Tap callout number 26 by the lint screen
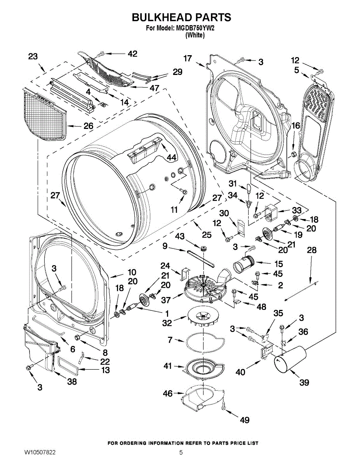88,126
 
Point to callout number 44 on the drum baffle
171,158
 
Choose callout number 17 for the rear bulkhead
188,58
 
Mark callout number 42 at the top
132,54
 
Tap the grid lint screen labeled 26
44,114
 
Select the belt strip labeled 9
201,259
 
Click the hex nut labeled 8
78,337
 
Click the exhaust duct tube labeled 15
244,263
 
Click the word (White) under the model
195,35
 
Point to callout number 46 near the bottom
168,393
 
